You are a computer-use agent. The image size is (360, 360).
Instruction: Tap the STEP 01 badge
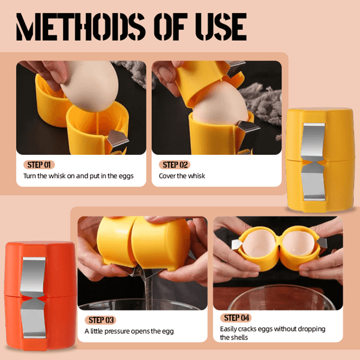tap(39, 164)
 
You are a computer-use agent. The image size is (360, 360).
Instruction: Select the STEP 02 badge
tap(175, 164)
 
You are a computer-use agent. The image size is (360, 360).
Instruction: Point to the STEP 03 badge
tap(101, 320)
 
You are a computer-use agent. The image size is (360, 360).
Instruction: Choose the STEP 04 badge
tap(236, 318)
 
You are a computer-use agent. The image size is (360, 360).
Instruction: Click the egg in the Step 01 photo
tap(90, 85)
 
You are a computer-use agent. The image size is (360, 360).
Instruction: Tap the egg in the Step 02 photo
tap(220, 104)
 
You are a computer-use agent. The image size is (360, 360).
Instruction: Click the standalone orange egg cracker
tap(40, 296)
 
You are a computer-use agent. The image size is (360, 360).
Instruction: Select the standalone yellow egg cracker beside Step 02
tap(320, 160)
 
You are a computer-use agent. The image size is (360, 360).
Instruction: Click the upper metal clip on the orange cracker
tap(34, 277)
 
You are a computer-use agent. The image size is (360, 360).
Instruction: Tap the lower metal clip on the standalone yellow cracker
tap(313, 183)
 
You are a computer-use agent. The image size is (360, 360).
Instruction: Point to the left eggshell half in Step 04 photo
tap(259, 244)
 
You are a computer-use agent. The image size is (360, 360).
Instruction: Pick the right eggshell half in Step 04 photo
tap(298, 243)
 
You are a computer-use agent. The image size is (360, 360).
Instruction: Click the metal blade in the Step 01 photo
tap(118, 139)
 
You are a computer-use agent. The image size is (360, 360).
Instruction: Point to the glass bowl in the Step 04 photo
tap(279, 298)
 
